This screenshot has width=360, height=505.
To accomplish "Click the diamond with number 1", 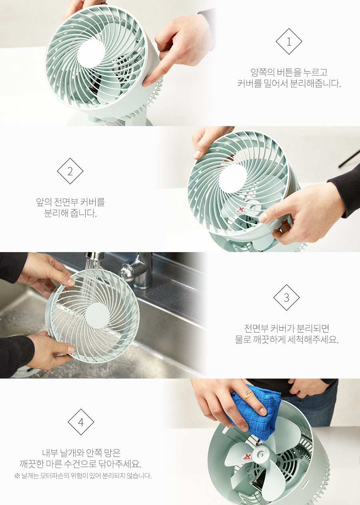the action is tap(289, 42).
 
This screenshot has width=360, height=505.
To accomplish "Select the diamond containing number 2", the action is tap(70, 171).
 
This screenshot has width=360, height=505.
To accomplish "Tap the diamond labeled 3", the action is tap(286, 298).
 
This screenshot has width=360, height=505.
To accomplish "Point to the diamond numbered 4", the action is tap(81, 422).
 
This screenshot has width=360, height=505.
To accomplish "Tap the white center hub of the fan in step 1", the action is tap(91, 54).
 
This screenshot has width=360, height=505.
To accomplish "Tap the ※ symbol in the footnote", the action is tap(17, 476).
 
